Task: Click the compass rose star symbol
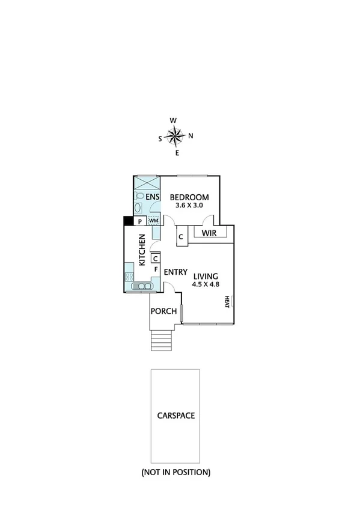click(175, 136)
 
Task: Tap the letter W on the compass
click(173, 120)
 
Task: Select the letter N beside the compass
click(191, 136)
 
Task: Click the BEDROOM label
click(189, 197)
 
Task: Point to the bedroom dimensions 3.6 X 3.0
click(189, 206)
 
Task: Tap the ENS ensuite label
click(152, 197)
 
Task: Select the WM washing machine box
click(153, 221)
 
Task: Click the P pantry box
click(139, 221)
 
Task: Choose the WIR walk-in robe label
click(209, 233)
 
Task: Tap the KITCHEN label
click(142, 251)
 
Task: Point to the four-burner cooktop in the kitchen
click(129, 277)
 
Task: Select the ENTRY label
click(176, 271)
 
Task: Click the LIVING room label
click(206, 276)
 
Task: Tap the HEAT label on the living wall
click(227, 301)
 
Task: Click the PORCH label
click(163, 311)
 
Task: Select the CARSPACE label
click(176, 415)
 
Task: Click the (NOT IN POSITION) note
click(176, 472)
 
